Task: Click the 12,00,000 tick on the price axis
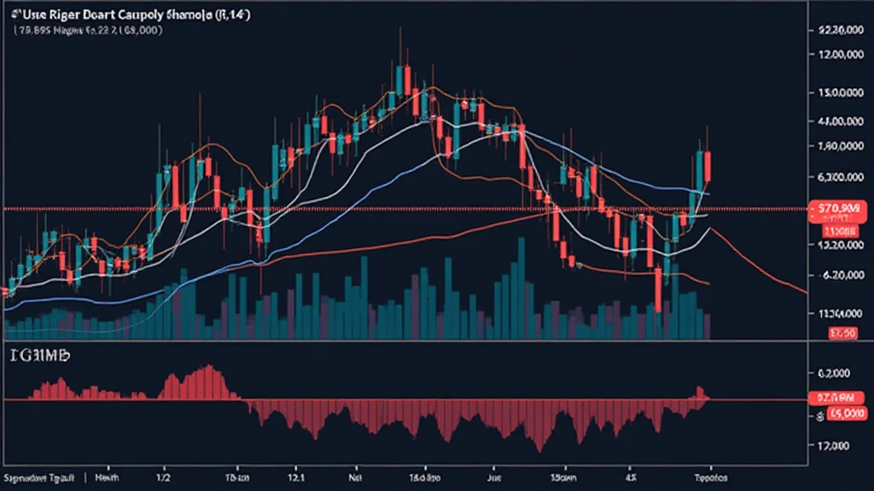[838, 55]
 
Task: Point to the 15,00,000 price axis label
[838, 92]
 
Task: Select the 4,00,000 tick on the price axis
[838, 122]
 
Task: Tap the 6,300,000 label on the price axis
[838, 178]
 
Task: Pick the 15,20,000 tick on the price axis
[838, 245]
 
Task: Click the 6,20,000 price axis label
[838, 275]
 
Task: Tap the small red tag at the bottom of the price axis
[842, 333]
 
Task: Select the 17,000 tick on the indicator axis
[832, 446]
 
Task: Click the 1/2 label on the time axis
[163, 478]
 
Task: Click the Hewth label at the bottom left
[108, 478]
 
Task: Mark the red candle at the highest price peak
[408, 82]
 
